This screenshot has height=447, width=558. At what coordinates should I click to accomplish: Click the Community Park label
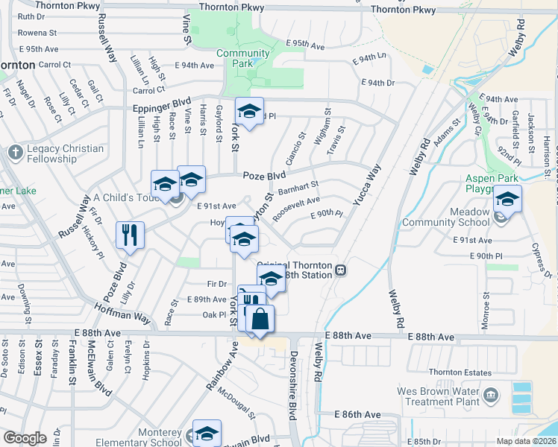[243, 59]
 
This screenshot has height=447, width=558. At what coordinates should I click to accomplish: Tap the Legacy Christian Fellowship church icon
[15, 153]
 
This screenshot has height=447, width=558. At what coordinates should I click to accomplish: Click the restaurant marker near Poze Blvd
[131, 235]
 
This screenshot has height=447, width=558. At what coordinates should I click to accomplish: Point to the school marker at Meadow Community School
[507, 200]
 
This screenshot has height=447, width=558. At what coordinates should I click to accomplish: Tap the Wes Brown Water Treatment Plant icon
[491, 393]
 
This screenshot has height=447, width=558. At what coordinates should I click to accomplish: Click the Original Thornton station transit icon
[340, 270]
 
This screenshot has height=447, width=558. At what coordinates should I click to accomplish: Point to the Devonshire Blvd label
[293, 383]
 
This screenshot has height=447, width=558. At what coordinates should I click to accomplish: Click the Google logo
[25, 438]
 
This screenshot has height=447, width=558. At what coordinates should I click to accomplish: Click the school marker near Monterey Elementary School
[207, 434]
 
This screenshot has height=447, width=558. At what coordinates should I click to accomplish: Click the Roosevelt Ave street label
[297, 207]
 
